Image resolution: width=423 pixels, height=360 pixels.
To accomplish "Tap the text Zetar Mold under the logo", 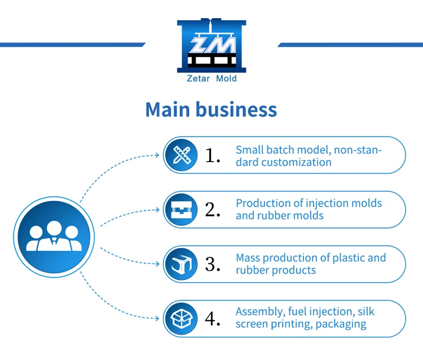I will coord(211,79).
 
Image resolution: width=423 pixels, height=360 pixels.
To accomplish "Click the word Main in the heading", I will coord(167,109).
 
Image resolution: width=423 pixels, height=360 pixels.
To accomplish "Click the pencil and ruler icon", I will coord(181,155).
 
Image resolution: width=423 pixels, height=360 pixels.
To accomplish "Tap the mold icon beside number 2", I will coord(181,209).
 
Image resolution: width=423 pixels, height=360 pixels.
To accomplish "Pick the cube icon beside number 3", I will coord(181,264).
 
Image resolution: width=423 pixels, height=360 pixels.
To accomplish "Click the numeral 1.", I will coord(211,155).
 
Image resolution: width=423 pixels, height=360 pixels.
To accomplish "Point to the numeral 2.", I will coord(212,209).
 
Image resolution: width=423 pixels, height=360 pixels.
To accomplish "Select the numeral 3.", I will coord(212,264).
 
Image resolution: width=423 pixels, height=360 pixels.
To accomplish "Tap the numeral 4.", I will coord(212,318).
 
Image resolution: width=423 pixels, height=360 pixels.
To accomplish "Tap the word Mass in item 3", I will coord(248,258).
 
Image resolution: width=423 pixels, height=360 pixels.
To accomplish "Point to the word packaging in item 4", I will coord(341,324).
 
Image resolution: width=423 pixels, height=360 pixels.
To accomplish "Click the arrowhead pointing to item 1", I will coord(158,155).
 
